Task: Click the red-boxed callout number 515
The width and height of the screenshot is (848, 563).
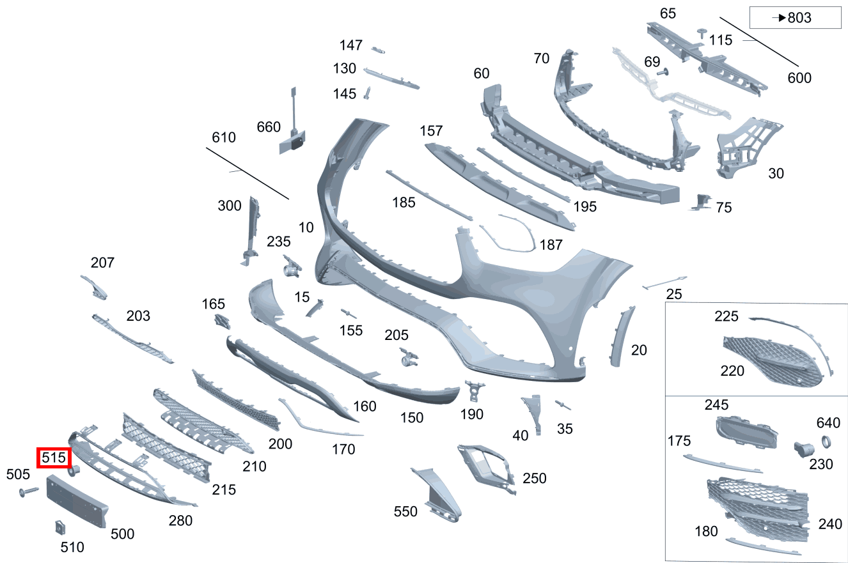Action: point(54,458)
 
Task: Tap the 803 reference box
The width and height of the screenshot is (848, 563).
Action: point(796,17)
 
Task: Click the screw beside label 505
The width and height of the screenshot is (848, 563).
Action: point(29,492)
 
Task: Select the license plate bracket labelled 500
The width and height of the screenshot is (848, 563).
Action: point(77,501)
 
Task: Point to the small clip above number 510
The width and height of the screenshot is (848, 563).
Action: point(60,527)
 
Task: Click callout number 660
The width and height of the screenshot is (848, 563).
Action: point(269,127)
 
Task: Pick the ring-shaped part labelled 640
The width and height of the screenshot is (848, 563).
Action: point(826,442)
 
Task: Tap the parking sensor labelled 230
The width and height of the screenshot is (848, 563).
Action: point(803,449)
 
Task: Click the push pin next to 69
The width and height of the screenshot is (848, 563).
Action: point(663,72)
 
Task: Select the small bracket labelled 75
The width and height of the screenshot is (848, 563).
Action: point(702,202)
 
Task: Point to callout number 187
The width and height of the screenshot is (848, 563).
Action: point(551,245)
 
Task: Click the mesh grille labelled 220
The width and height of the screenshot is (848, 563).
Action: point(773,361)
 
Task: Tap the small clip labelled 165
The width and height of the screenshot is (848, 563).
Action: point(222,322)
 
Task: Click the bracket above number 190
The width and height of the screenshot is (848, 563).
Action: point(475,390)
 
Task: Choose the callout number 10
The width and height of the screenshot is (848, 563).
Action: point(306,228)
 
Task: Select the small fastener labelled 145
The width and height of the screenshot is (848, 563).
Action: point(367,93)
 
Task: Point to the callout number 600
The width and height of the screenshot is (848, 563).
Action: point(799,78)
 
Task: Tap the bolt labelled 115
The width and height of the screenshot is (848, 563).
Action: point(702,33)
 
